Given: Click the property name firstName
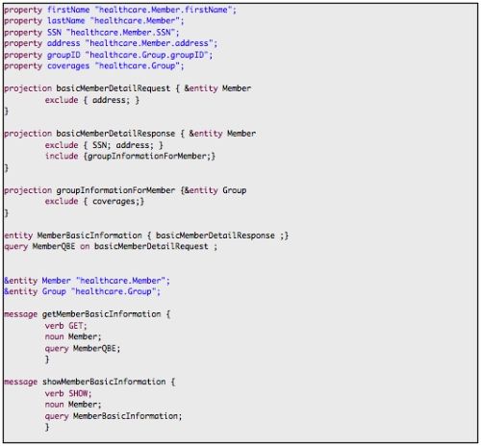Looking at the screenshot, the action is [x=68, y=10].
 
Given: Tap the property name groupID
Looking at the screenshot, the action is [x=63, y=55].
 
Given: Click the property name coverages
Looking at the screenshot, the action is [x=68, y=66].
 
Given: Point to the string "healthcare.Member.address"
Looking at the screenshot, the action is [x=149, y=43].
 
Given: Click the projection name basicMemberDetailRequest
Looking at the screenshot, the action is [x=114, y=88].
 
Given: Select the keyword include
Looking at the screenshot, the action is [x=62, y=156].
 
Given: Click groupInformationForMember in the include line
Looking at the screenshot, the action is [x=147, y=156].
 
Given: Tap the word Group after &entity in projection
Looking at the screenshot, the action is [x=235, y=190].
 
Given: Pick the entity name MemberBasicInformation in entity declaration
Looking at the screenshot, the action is [x=89, y=235].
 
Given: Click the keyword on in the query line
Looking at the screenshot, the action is [x=85, y=247].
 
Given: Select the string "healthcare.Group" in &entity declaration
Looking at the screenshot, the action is [x=114, y=291].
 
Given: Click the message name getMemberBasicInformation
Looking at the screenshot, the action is [x=101, y=314].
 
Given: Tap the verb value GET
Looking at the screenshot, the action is [x=76, y=326].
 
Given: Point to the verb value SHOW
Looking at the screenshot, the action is [x=78, y=393].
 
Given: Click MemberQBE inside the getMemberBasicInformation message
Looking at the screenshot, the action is [x=94, y=348].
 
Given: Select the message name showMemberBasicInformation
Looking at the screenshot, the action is [x=104, y=382].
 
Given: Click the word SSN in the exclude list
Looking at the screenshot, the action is [x=99, y=145].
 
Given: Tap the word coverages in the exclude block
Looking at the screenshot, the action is [x=114, y=202].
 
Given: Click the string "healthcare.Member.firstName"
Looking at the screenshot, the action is [x=164, y=10].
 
